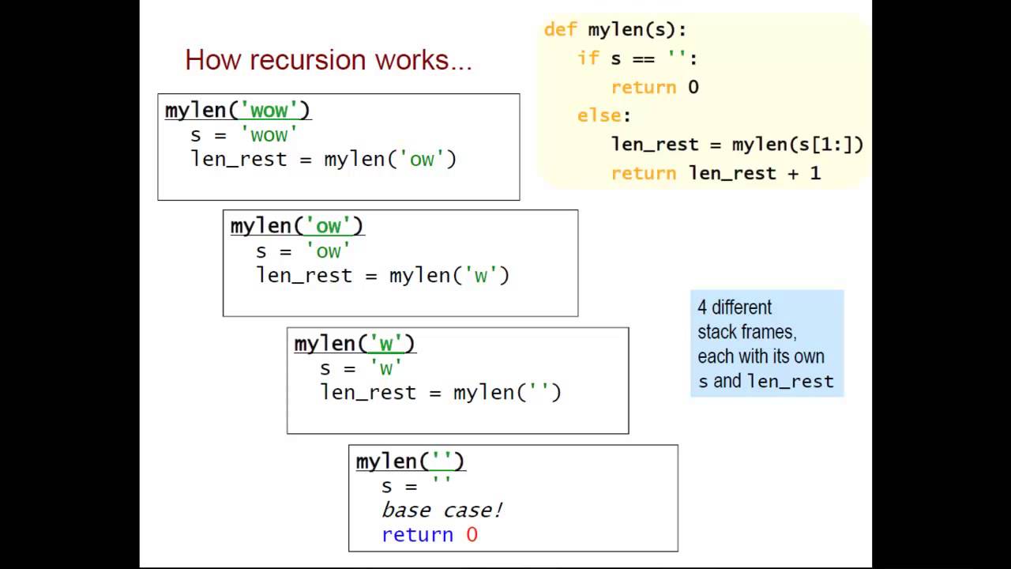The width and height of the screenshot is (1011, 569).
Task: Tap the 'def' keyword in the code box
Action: coord(561,30)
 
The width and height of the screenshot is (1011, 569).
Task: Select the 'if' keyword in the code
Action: coord(588,58)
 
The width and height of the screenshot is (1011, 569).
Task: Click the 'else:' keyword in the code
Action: coord(603,115)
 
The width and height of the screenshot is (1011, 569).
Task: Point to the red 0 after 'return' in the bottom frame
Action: coord(472,535)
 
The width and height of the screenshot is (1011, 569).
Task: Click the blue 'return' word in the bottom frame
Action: coord(417,535)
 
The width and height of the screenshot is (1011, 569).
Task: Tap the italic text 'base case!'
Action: coord(442,511)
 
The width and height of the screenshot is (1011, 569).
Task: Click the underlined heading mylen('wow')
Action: coord(238,110)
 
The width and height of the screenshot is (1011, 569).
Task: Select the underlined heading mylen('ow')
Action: coord(297,226)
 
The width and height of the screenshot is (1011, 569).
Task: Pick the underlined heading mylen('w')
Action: coord(354,344)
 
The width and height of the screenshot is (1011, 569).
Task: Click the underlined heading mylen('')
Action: coord(410,462)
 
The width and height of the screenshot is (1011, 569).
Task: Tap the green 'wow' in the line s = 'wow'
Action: coord(269,134)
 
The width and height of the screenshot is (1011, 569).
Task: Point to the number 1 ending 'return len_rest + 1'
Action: coord(815,173)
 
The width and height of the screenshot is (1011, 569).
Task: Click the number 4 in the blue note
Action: coord(702,307)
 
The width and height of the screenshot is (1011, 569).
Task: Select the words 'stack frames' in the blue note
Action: coord(746,332)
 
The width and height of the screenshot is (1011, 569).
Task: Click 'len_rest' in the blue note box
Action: coord(791,382)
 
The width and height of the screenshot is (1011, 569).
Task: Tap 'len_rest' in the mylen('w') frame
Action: coord(367,393)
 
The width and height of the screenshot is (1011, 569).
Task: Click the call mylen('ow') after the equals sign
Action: coord(390,159)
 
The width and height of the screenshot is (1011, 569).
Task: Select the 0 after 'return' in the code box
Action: coord(693,87)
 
